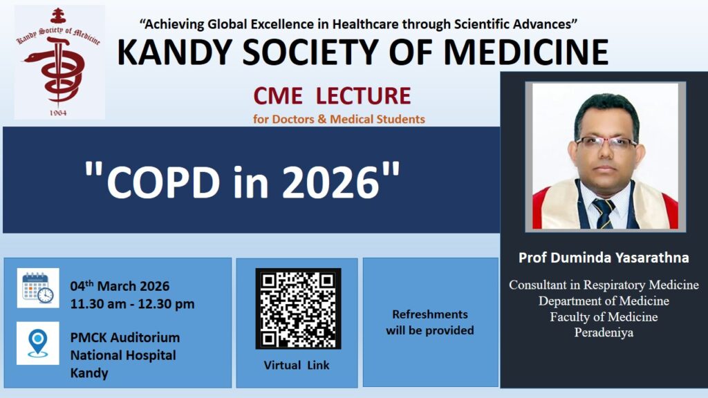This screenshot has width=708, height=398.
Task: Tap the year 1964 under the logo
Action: pos(58,113)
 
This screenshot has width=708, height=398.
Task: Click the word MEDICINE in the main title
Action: pos(526,53)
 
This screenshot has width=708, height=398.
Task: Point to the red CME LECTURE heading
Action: pos(332,95)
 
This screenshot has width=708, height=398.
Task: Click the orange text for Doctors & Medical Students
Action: pos(339,119)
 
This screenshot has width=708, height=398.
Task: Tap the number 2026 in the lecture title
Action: pos(331,182)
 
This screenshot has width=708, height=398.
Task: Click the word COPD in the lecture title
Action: pos(163,182)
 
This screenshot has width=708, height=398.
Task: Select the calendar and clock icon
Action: pos(38,288)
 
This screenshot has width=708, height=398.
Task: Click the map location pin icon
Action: pos(38,343)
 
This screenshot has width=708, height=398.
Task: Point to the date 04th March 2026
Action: pos(120,285)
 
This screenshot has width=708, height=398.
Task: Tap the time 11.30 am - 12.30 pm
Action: pos(132,304)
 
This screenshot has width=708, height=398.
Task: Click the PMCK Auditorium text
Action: pos(125,337)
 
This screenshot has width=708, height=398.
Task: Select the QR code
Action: pos(298,309)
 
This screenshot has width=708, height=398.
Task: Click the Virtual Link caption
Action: pos(297,365)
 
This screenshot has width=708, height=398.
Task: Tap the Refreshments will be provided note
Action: pos(430,322)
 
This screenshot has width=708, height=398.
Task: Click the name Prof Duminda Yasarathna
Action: pos(604,258)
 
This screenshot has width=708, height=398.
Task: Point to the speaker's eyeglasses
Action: pos(606,143)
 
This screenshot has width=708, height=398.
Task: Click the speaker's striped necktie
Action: pos(604,213)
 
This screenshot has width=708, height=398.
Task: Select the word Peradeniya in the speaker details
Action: pos(604,332)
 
